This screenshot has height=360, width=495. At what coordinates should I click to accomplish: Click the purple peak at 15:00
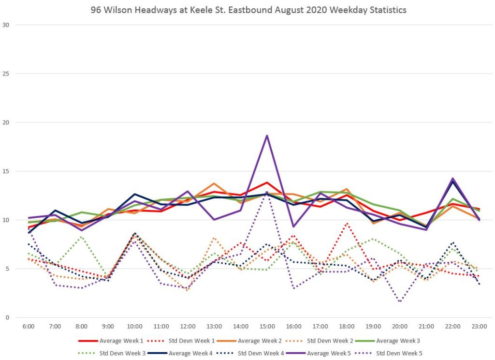[267, 135]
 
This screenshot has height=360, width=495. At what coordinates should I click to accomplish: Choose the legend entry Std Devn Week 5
[399, 353]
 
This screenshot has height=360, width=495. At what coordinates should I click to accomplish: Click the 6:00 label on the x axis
[29, 327]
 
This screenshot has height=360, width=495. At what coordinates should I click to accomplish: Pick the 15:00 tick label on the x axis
[267, 327]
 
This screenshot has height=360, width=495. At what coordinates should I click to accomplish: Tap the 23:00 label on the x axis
[479, 327]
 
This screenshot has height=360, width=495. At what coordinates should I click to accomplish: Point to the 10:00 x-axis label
[134, 327]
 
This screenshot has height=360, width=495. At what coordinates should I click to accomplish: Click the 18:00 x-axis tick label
[346, 327]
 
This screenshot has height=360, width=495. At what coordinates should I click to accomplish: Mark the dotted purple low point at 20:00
[400, 301]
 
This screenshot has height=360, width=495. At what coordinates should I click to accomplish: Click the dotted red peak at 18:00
[347, 223]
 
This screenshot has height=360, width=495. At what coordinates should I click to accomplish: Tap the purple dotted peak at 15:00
[267, 192]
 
